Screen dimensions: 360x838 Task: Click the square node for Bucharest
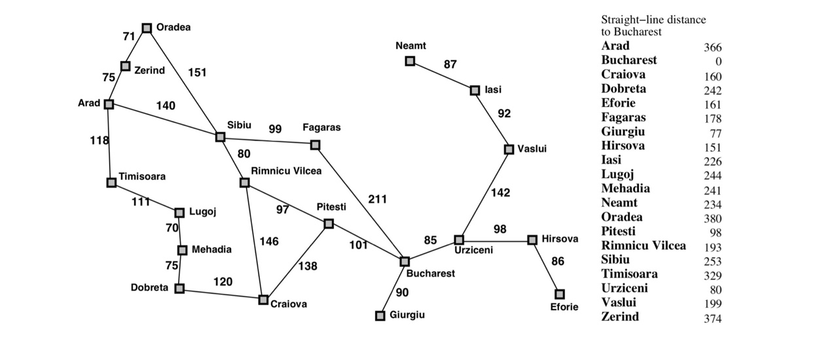tap(405, 261)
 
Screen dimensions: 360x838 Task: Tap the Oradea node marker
tap(147, 27)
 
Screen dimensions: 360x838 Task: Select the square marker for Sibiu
tap(220, 137)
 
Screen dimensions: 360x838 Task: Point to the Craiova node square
tap(263, 299)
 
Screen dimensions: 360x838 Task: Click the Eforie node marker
tap(559, 294)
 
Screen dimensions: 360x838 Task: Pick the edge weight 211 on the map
tap(377, 199)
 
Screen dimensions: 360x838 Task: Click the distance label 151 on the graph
tap(197, 72)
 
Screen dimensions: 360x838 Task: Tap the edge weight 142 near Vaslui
tap(500, 192)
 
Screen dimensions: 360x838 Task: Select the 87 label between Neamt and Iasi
tap(450, 64)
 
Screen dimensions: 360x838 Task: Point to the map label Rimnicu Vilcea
tap(286, 171)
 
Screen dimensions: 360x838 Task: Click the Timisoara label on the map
tap(142, 176)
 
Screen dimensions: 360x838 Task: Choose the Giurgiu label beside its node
tap(407, 315)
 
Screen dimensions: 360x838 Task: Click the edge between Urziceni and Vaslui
tap(484, 194)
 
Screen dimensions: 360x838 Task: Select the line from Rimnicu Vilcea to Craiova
tap(253, 239)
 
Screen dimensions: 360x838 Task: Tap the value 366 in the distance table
tap(712, 48)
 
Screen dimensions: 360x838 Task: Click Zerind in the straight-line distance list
tap(620, 317)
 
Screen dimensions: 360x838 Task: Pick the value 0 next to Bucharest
tap(718, 62)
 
